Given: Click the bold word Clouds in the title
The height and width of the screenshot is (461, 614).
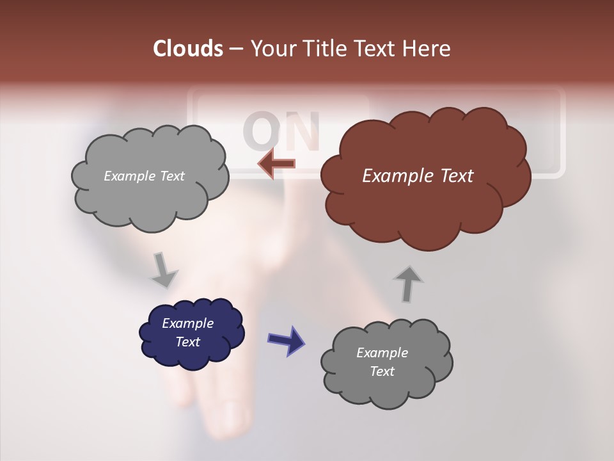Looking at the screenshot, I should click(187, 49).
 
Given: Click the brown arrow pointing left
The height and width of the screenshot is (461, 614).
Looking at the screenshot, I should click(276, 164).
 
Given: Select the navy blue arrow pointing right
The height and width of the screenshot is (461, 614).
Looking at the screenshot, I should click(286, 339).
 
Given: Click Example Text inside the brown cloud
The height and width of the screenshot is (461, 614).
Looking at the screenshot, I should click(418, 175).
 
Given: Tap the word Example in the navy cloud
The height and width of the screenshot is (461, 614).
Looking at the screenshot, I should click(187, 323).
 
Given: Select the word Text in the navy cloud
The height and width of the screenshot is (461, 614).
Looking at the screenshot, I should click(187, 342).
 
